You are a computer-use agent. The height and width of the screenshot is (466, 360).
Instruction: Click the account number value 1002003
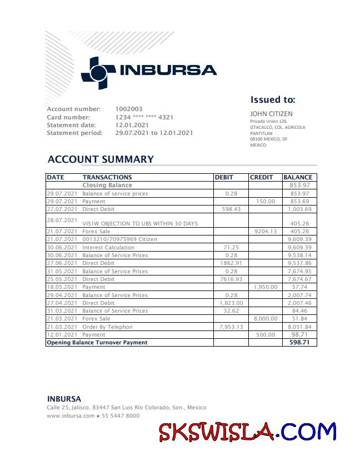pyautogui.click(x=129, y=109)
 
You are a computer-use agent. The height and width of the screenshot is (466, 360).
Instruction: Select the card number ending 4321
pyautogui.click(x=144, y=117)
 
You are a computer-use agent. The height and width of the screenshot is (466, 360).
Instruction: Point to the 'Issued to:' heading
pyautogui.click(x=273, y=101)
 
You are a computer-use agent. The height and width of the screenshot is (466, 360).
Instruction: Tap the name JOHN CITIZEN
pyautogui.click(x=271, y=114)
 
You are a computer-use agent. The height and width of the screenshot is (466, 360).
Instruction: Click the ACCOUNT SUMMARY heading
pyautogui.click(x=101, y=159)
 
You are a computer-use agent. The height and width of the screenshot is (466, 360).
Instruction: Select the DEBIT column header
pyautogui.click(x=224, y=177)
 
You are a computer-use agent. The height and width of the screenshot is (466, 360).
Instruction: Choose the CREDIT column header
pyautogui.click(x=262, y=177)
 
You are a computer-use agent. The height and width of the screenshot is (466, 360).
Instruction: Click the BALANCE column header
pyautogui.click(x=298, y=177)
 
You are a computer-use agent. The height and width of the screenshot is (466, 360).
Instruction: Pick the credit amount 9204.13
pyautogui.click(x=265, y=232)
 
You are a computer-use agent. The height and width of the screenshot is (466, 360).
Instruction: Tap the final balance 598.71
pyautogui.click(x=299, y=343)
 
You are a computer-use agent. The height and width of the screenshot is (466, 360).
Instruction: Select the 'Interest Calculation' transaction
pyautogui.click(x=108, y=247)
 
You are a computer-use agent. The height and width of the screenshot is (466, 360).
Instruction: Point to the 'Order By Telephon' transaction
pyautogui.click(x=108, y=327)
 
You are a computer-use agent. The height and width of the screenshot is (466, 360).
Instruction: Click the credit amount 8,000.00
pyautogui.click(x=264, y=319)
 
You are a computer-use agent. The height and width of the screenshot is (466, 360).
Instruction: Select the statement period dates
pyautogui.click(x=154, y=133)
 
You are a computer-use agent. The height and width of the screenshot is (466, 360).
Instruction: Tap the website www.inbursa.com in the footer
pyautogui.click(x=71, y=415)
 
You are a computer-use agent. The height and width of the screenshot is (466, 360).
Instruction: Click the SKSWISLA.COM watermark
pyautogui.click(x=248, y=432)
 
